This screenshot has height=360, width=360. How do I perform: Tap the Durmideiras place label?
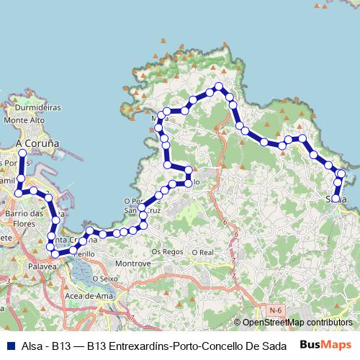(38, 107)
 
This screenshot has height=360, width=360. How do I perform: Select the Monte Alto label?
(24, 120)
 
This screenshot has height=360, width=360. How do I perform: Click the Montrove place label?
(133, 264)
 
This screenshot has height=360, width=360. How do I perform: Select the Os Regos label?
(168, 252)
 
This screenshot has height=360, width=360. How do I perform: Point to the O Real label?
(203, 252)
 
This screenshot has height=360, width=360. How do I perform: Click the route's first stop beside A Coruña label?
(22, 153)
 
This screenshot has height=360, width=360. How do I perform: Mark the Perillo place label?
(84, 255)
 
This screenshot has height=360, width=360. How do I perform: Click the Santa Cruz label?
(135, 210)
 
